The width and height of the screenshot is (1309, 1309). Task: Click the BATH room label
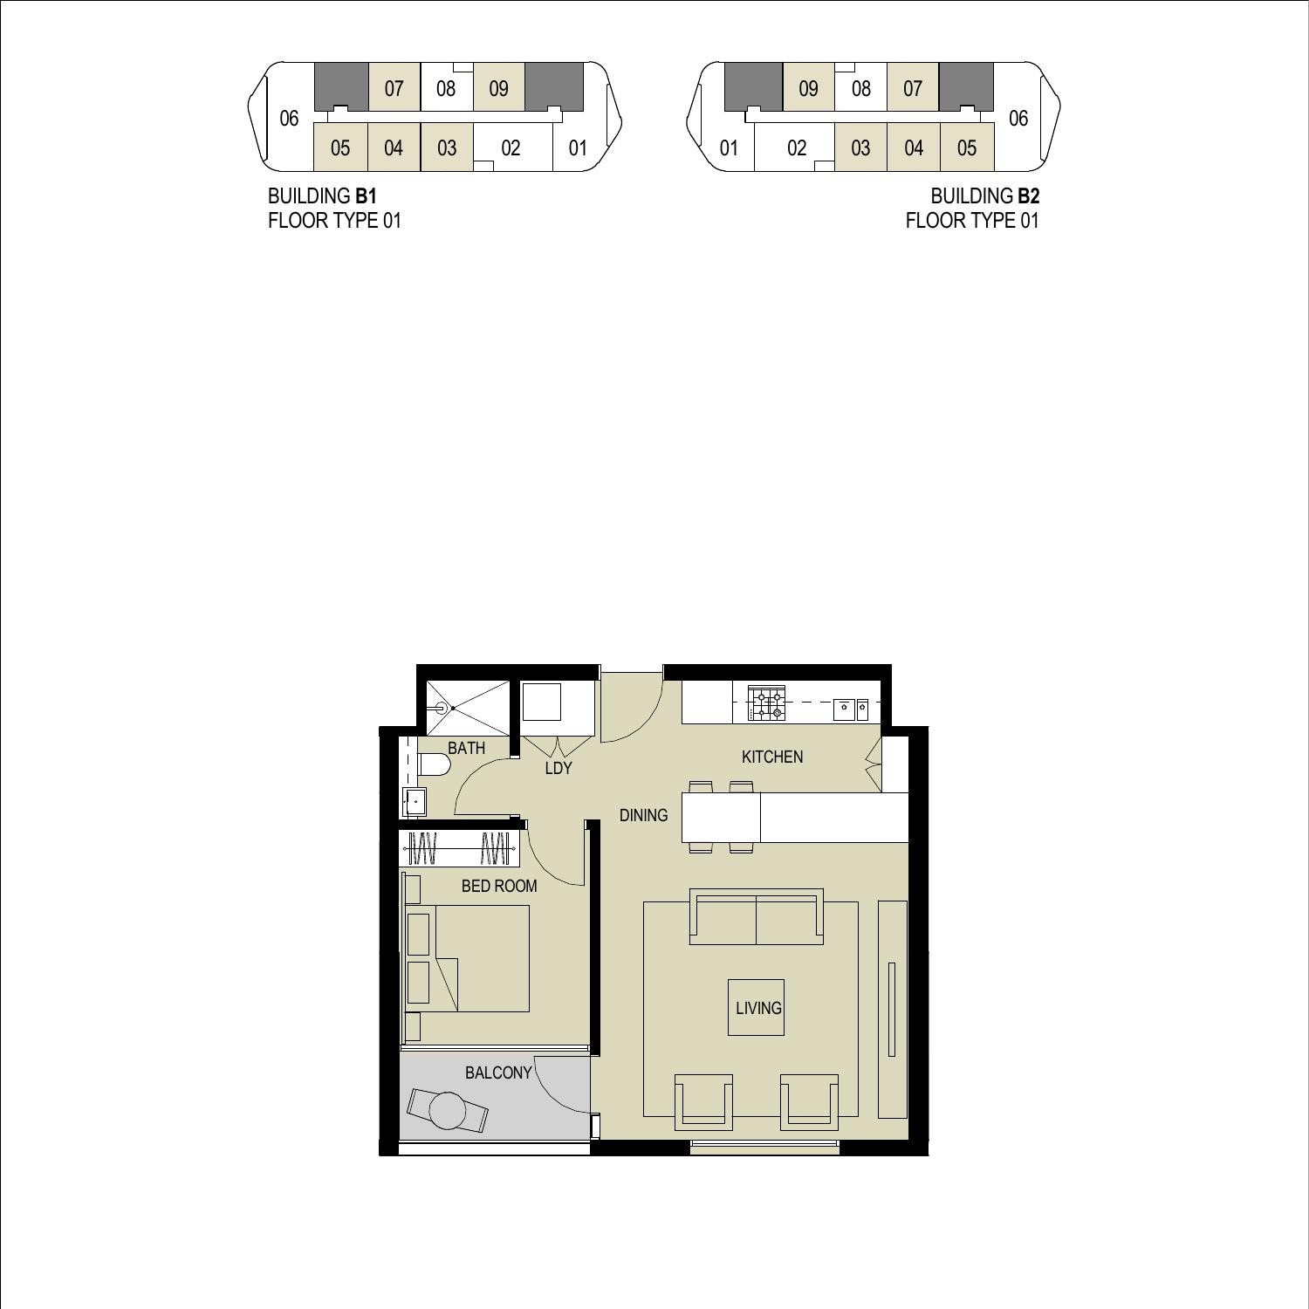[466, 748]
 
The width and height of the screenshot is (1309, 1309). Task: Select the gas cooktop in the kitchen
[766, 703]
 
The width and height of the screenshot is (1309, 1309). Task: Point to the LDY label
[558, 768]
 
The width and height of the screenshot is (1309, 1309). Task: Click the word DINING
[643, 815]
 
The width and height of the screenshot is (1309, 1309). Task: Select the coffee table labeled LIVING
[756, 1008]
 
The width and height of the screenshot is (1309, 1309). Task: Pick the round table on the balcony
[448, 1111]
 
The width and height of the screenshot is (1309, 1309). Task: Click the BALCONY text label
[498, 1073]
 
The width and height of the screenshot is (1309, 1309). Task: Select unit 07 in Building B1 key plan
[394, 88]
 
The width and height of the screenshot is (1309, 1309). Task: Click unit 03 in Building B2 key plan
[860, 147]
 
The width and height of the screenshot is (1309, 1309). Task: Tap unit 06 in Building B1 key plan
[289, 118]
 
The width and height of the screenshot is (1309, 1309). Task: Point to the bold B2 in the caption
[1028, 196]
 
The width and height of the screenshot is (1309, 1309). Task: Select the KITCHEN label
[772, 757]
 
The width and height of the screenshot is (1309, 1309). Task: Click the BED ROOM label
[499, 886]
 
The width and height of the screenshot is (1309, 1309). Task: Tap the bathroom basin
[415, 800]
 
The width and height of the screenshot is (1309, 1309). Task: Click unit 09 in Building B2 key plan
[808, 88]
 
